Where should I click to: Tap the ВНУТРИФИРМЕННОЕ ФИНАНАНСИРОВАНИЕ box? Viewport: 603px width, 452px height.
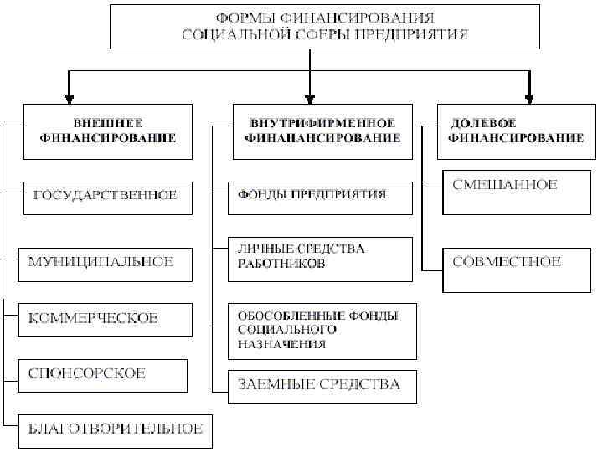pos(322,131)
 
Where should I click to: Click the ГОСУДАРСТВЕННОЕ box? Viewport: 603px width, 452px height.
pos(106,196)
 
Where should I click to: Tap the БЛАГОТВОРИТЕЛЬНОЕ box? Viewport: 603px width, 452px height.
pos(116,429)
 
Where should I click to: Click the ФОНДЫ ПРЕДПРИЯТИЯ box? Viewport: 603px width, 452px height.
pos(320,196)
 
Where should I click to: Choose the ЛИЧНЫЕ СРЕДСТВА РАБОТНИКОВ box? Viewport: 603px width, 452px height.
pos(320,257)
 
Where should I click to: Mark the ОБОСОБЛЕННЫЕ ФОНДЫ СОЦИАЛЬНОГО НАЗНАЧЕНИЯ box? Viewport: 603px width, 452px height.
pos(320,330)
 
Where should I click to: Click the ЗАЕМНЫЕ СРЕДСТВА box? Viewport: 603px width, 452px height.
pos(320,385)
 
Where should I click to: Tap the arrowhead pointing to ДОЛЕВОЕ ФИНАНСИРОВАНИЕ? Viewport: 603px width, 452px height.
pos(529,95)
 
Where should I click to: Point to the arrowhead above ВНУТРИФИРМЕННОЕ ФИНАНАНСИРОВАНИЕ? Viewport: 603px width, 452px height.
pos(311,95)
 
